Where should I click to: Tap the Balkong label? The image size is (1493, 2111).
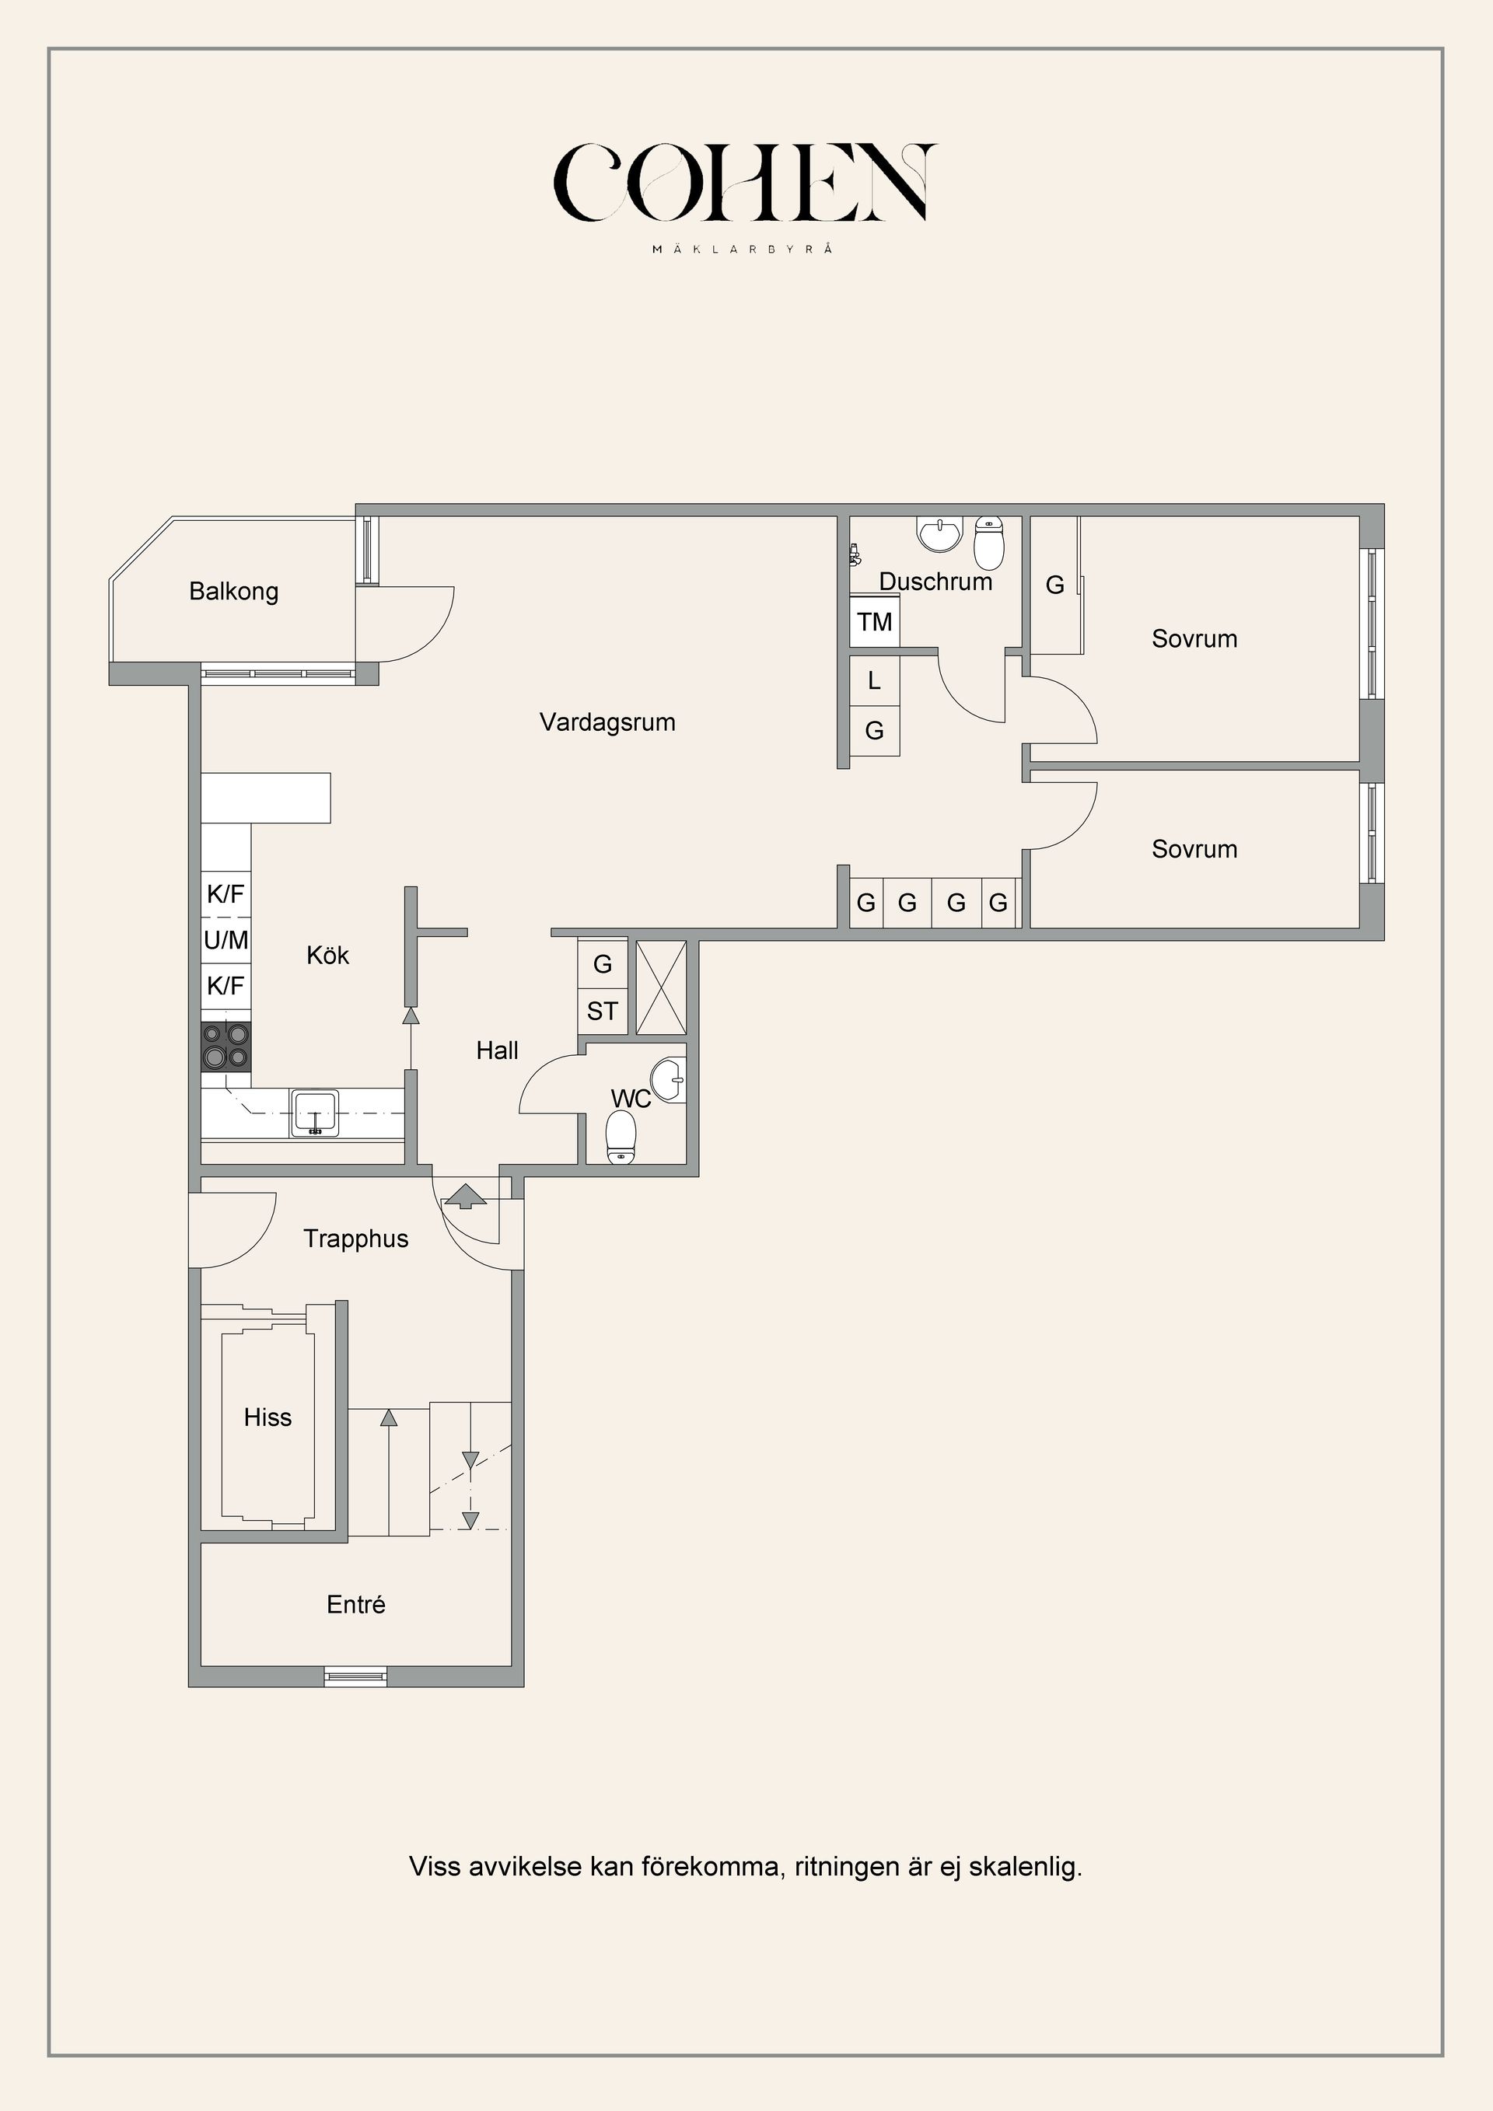pos(233,591)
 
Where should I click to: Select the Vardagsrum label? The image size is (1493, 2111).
pos(607,722)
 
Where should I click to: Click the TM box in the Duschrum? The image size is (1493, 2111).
pos(874,623)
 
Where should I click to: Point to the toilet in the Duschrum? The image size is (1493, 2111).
pos(989,543)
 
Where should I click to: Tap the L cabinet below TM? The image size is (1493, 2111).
pos(874,681)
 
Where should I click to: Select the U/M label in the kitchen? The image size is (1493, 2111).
pos(226,941)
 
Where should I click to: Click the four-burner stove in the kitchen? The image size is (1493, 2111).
pos(226,1047)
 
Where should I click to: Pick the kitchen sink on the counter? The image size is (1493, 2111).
pos(314,1113)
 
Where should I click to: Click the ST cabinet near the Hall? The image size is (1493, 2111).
pos(602,1012)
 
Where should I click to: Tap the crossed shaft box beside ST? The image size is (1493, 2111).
pos(662,987)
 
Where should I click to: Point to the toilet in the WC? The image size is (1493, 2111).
pos(622,1138)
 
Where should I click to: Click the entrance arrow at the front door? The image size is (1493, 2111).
pos(465,1196)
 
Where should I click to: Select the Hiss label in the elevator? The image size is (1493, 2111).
pos(267,1417)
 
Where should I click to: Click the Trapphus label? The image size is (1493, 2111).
pos(356,1239)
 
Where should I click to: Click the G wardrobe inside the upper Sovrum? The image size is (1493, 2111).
pos(1054,585)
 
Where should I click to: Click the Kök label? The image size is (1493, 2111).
pos(327,956)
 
